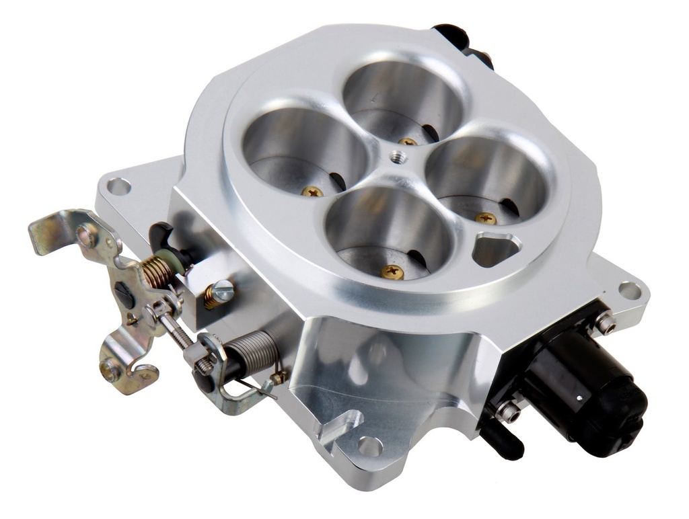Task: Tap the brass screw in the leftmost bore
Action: click(312, 192)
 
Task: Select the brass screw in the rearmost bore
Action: click(407, 141)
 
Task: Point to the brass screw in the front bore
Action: click(392, 272)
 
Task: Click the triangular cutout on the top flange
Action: click(496, 248)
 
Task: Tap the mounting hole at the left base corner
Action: click(118, 186)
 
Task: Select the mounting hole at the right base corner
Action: click(630, 290)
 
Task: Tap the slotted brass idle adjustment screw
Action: click(220, 292)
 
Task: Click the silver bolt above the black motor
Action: click(605, 325)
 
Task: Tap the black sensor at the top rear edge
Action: click(464, 44)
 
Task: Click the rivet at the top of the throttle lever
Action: click(86, 235)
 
